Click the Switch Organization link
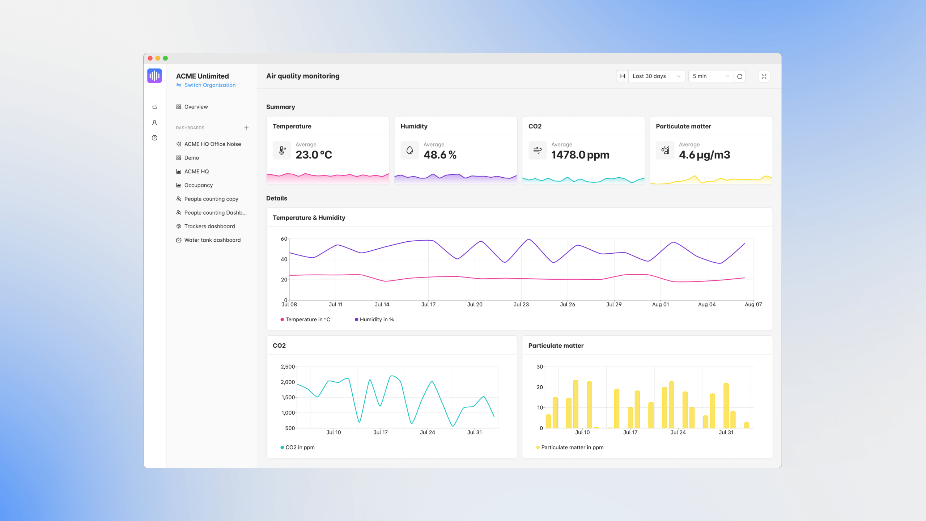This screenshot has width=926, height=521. click(x=209, y=85)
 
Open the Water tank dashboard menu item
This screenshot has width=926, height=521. click(x=212, y=240)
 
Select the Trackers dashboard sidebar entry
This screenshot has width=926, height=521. click(x=209, y=226)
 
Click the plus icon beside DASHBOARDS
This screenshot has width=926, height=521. click(x=246, y=128)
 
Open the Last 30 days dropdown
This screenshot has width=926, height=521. click(x=656, y=76)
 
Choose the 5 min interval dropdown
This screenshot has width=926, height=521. click(x=710, y=76)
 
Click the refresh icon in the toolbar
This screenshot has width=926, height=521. click(x=740, y=76)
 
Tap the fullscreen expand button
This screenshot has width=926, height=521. click(x=764, y=76)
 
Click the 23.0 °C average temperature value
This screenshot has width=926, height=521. click(x=314, y=155)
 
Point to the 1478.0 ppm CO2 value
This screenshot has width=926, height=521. click(x=580, y=155)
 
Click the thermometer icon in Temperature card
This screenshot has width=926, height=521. click(x=282, y=150)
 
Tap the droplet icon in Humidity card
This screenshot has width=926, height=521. click(x=409, y=150)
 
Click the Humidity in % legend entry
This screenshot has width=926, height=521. click(x=376, y=319)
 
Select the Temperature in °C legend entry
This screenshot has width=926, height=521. click(x=307, y=319)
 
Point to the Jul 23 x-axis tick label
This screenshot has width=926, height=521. click(x=521, y=304)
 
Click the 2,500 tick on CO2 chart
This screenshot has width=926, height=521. click(x=288, y=367)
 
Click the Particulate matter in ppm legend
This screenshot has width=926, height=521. click(x=572, y=447)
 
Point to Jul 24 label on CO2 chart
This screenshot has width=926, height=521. click(x=427, y=432)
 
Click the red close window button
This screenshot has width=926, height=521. click(x=150, y=58)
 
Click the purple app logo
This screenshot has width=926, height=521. click(x=154, y=76)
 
